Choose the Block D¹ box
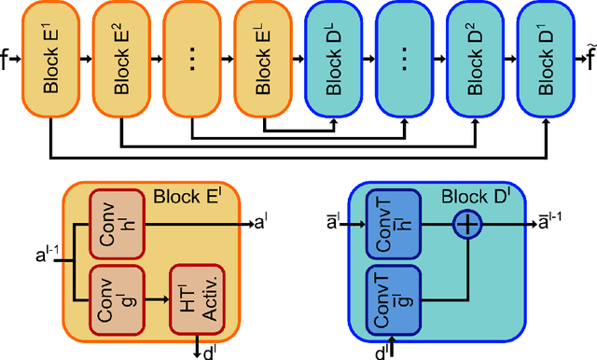tap(547, 58)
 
